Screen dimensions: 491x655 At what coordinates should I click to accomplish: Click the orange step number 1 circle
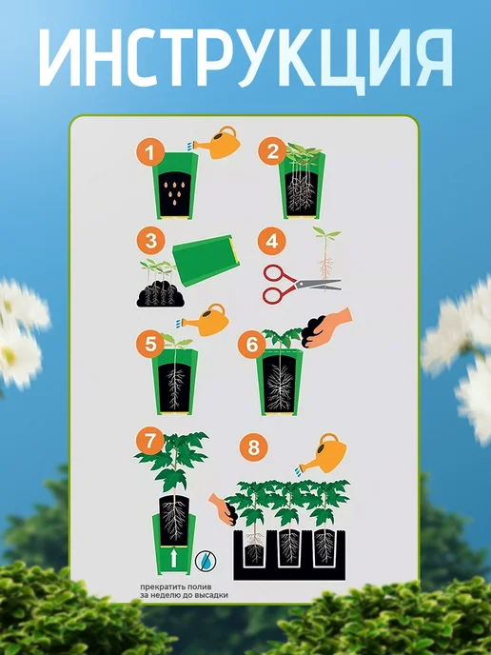(x=150, y=152)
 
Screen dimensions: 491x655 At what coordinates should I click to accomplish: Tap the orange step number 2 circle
(x=272, y=151)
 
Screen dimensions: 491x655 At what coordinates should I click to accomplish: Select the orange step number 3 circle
(x=150, y=241)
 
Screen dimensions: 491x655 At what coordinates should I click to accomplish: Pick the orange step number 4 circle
(x=272, y=241)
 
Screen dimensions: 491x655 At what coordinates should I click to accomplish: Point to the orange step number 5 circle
(x=150, y=345)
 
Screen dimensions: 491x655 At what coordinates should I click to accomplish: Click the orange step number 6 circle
(x=252, y=345)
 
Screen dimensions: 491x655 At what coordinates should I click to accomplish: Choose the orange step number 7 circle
(x=150, y=441)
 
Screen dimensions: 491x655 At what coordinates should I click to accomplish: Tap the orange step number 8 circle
(x=254, y=447)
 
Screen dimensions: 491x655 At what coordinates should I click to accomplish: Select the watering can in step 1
(x=217, y=143)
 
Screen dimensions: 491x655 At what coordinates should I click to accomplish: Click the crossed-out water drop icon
(x=206, y=561)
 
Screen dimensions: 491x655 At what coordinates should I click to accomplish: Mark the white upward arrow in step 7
(x=174, y=559)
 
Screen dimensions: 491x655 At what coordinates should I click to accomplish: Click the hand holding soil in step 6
(x=327, y=328)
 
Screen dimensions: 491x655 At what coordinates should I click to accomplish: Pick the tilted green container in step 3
(x=206, y=260)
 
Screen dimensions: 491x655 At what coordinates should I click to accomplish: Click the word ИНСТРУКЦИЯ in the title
(x=245, y=58)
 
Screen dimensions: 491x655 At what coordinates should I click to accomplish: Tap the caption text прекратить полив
(x=176, y=586)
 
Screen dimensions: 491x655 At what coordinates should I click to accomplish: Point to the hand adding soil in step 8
(x=224, y=509)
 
